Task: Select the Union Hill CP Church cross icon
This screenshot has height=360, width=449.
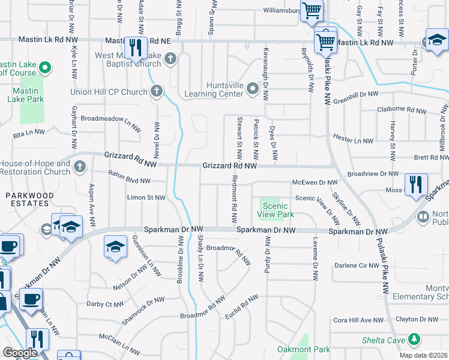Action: click(x=156, y=92)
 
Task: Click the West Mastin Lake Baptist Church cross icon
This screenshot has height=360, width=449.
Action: click(x=170, y=58)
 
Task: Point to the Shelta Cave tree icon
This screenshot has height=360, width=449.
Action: click(x=414, y=340)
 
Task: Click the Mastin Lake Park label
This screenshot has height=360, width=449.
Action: click(x=28, y=95)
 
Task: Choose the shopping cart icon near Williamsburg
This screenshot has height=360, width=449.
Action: click(x=312, y=10)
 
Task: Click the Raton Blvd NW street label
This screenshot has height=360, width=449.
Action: click(x=129, y=178)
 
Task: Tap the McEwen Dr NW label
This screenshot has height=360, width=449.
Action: click(x=315, y=182)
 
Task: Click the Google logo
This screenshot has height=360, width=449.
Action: click(x=20, y=353)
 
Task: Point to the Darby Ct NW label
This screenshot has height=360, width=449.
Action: click(x=106, y=304)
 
